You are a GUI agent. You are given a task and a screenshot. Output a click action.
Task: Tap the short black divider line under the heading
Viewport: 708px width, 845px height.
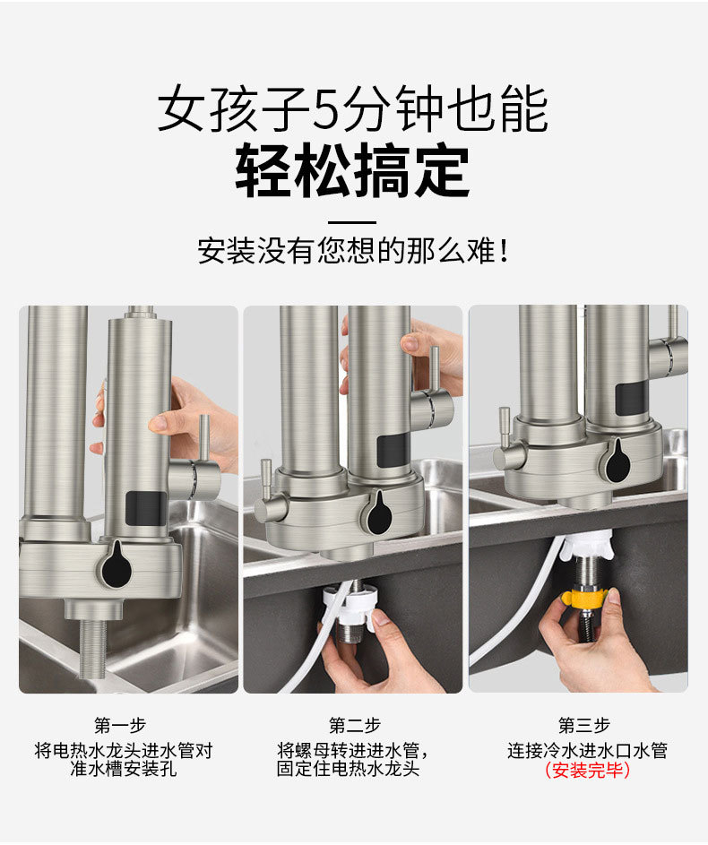(x=353, y=221)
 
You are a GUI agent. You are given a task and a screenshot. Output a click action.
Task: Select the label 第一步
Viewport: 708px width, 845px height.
(x=120, y=725)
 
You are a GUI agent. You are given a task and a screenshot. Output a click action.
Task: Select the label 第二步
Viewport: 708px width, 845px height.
(x=354, y=725)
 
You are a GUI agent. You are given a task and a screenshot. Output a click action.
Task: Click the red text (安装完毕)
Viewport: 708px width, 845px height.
(x=587, y=770)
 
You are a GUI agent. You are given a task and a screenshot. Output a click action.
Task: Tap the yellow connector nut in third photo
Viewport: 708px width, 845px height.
(x=584, y=596)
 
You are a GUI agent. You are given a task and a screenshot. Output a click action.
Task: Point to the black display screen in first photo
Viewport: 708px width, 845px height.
(x=145, y=509)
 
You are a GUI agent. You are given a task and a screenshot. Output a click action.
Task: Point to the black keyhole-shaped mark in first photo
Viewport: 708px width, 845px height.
(x=116, y=565)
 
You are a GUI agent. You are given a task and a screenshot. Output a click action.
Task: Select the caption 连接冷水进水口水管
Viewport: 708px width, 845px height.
(x=587, y=750)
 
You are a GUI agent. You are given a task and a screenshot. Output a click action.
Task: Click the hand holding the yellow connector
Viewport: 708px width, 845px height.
(x=602, y=645)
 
